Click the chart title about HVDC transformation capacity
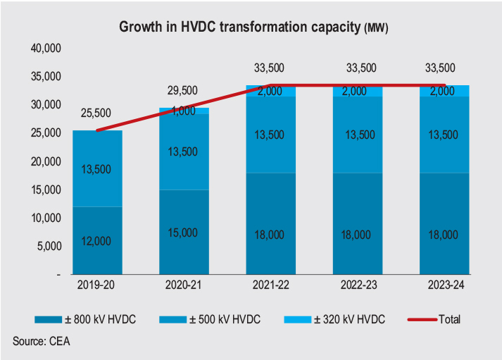(253, 27)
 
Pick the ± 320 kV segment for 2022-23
(358, 91)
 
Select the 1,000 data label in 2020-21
(184, 111)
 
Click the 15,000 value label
(184, 232)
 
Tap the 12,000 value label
(97, 240)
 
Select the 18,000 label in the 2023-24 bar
(444, 235)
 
